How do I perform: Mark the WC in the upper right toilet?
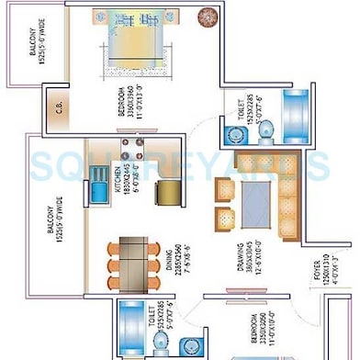pyautogui.click(x=267, y=132)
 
